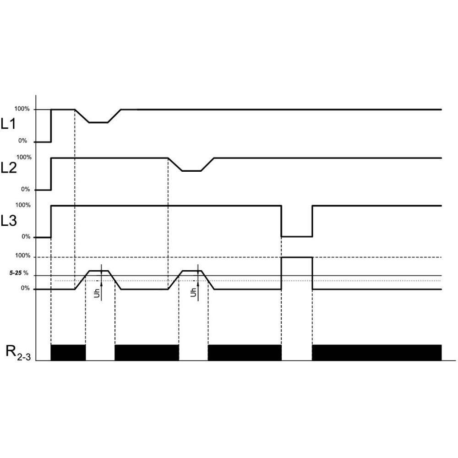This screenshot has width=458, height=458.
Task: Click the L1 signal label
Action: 8,124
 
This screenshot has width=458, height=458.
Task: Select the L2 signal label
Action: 9,168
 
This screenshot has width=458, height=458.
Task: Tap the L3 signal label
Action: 9,221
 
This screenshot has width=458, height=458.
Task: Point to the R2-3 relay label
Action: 18,353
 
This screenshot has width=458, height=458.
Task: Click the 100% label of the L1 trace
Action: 22,109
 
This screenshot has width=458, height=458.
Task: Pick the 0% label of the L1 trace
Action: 22,141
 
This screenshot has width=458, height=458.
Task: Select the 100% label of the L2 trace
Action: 24,158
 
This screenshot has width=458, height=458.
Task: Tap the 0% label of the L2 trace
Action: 25,189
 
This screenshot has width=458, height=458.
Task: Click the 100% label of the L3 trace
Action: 23,205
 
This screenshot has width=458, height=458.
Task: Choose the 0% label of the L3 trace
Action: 26,237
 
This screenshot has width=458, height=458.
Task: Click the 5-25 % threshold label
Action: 19,273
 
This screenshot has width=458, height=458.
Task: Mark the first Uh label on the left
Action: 97,293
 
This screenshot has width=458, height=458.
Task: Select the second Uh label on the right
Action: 193,292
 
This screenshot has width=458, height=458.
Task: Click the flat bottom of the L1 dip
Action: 98,122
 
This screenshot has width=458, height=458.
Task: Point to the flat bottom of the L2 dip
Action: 191,171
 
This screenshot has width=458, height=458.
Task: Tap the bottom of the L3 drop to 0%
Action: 297,236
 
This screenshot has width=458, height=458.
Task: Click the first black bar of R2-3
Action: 68,353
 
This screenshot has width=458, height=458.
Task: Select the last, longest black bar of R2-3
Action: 377,353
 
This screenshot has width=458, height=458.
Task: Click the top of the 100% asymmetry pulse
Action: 297,257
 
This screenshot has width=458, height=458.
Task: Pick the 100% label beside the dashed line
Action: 23,256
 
